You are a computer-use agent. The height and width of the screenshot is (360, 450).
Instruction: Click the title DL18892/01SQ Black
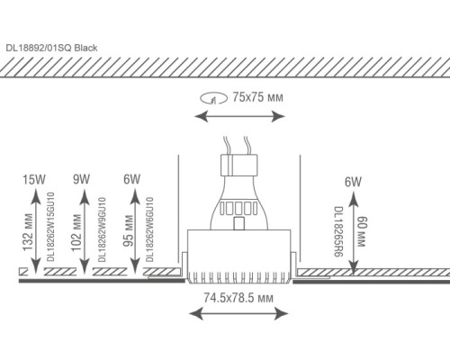point(51,48)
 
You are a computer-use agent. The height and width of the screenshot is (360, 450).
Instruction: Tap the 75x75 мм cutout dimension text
point(257,97)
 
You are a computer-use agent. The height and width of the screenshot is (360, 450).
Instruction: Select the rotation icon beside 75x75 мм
point(213,98)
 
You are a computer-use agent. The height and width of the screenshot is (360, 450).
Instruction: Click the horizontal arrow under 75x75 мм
point(239,116)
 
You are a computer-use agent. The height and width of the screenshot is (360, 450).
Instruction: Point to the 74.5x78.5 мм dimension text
point(238,298)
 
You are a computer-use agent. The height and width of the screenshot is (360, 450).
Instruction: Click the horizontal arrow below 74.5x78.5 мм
point(238,314)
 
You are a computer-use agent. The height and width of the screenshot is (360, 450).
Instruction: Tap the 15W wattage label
point(34,180)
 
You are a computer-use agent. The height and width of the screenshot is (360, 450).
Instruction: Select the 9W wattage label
point(81,179)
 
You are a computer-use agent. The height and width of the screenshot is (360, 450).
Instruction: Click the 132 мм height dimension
point(28,232)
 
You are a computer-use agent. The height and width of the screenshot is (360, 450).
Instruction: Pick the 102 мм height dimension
point(76,232)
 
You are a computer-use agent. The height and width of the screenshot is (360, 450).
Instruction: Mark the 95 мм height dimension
point(129,230)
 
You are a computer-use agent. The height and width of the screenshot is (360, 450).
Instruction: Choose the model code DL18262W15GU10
point(51,227)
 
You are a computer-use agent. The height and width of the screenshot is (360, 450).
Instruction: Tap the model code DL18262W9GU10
point(102,229)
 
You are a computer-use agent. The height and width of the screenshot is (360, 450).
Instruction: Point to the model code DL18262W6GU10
point(149,229)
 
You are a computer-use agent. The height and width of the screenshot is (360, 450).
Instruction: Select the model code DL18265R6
point(338,231)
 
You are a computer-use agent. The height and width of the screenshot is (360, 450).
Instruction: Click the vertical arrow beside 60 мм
point(354,233)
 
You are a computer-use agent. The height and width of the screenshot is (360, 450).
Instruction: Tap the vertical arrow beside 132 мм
point(36,230)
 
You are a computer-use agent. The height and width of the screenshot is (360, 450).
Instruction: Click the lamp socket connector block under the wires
point(239,165)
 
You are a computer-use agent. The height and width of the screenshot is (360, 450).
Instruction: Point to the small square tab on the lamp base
point(238,223)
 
